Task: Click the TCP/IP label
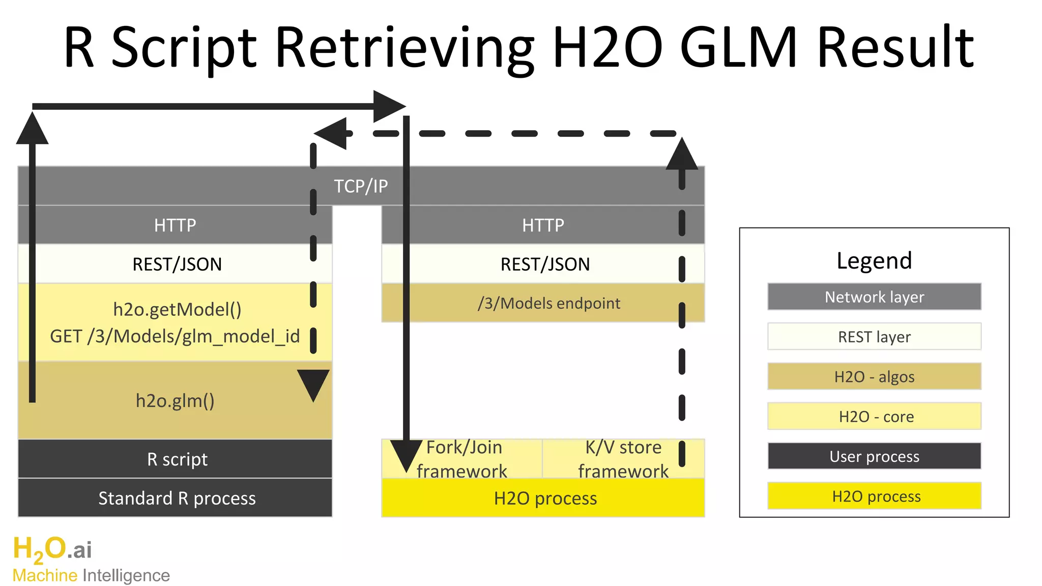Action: pyautogui.click(x=361, y=186)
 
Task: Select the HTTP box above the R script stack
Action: pyautogui.click(x=175, y=225)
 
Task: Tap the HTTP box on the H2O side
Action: pyautogui.click(x=543, y=225)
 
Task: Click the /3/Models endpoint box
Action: pyautogui.click(x=548, y=303)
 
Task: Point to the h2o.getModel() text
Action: pyautogui.click(x=177, y=309)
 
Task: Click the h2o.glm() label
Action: pyautogui.click(x=175, y=401)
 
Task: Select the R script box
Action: pyautogui.click(x=177, y=459)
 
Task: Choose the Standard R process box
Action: pyautogui.click(x=177, y=498)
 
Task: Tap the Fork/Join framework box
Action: pyautogui.click(x=463, y=459)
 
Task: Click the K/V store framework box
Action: pyautogui.click(x=623, y=459)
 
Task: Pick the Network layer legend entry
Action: pyautogui.click(x=874, y=297)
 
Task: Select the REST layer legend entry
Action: pyautogui.click(x=874, y=337)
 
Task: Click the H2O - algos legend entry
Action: pyautogui.click(x=874, y=376)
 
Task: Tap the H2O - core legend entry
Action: pyautogui.click(x=874, y=417)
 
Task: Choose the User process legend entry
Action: pyautogui.click(x=874, y=456)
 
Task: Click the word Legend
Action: pyautogui.click(x=874, y=260)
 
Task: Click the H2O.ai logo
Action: pyautogui.click(x=52, y=549)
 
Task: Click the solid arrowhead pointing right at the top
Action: pyautogui.click(x=389, y=106)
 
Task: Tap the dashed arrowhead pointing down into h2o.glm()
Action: pyautogui.click(x=313, y=385)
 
